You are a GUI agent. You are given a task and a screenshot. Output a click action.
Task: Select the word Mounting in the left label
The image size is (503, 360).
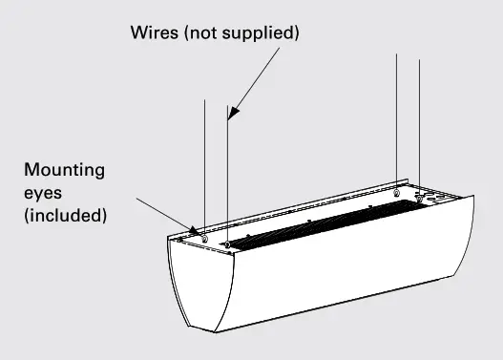coord(64,172)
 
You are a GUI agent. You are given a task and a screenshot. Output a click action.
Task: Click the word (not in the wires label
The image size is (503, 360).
coord(203,33)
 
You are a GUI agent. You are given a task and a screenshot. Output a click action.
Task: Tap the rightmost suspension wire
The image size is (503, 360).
coord(419,124)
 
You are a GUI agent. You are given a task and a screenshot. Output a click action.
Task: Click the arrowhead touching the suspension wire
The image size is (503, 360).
coord(232,113)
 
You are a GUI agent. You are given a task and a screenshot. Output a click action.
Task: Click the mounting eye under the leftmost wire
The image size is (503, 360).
coord(204,230)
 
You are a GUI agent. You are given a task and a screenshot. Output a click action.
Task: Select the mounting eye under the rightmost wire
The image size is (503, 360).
coord(419,201)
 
